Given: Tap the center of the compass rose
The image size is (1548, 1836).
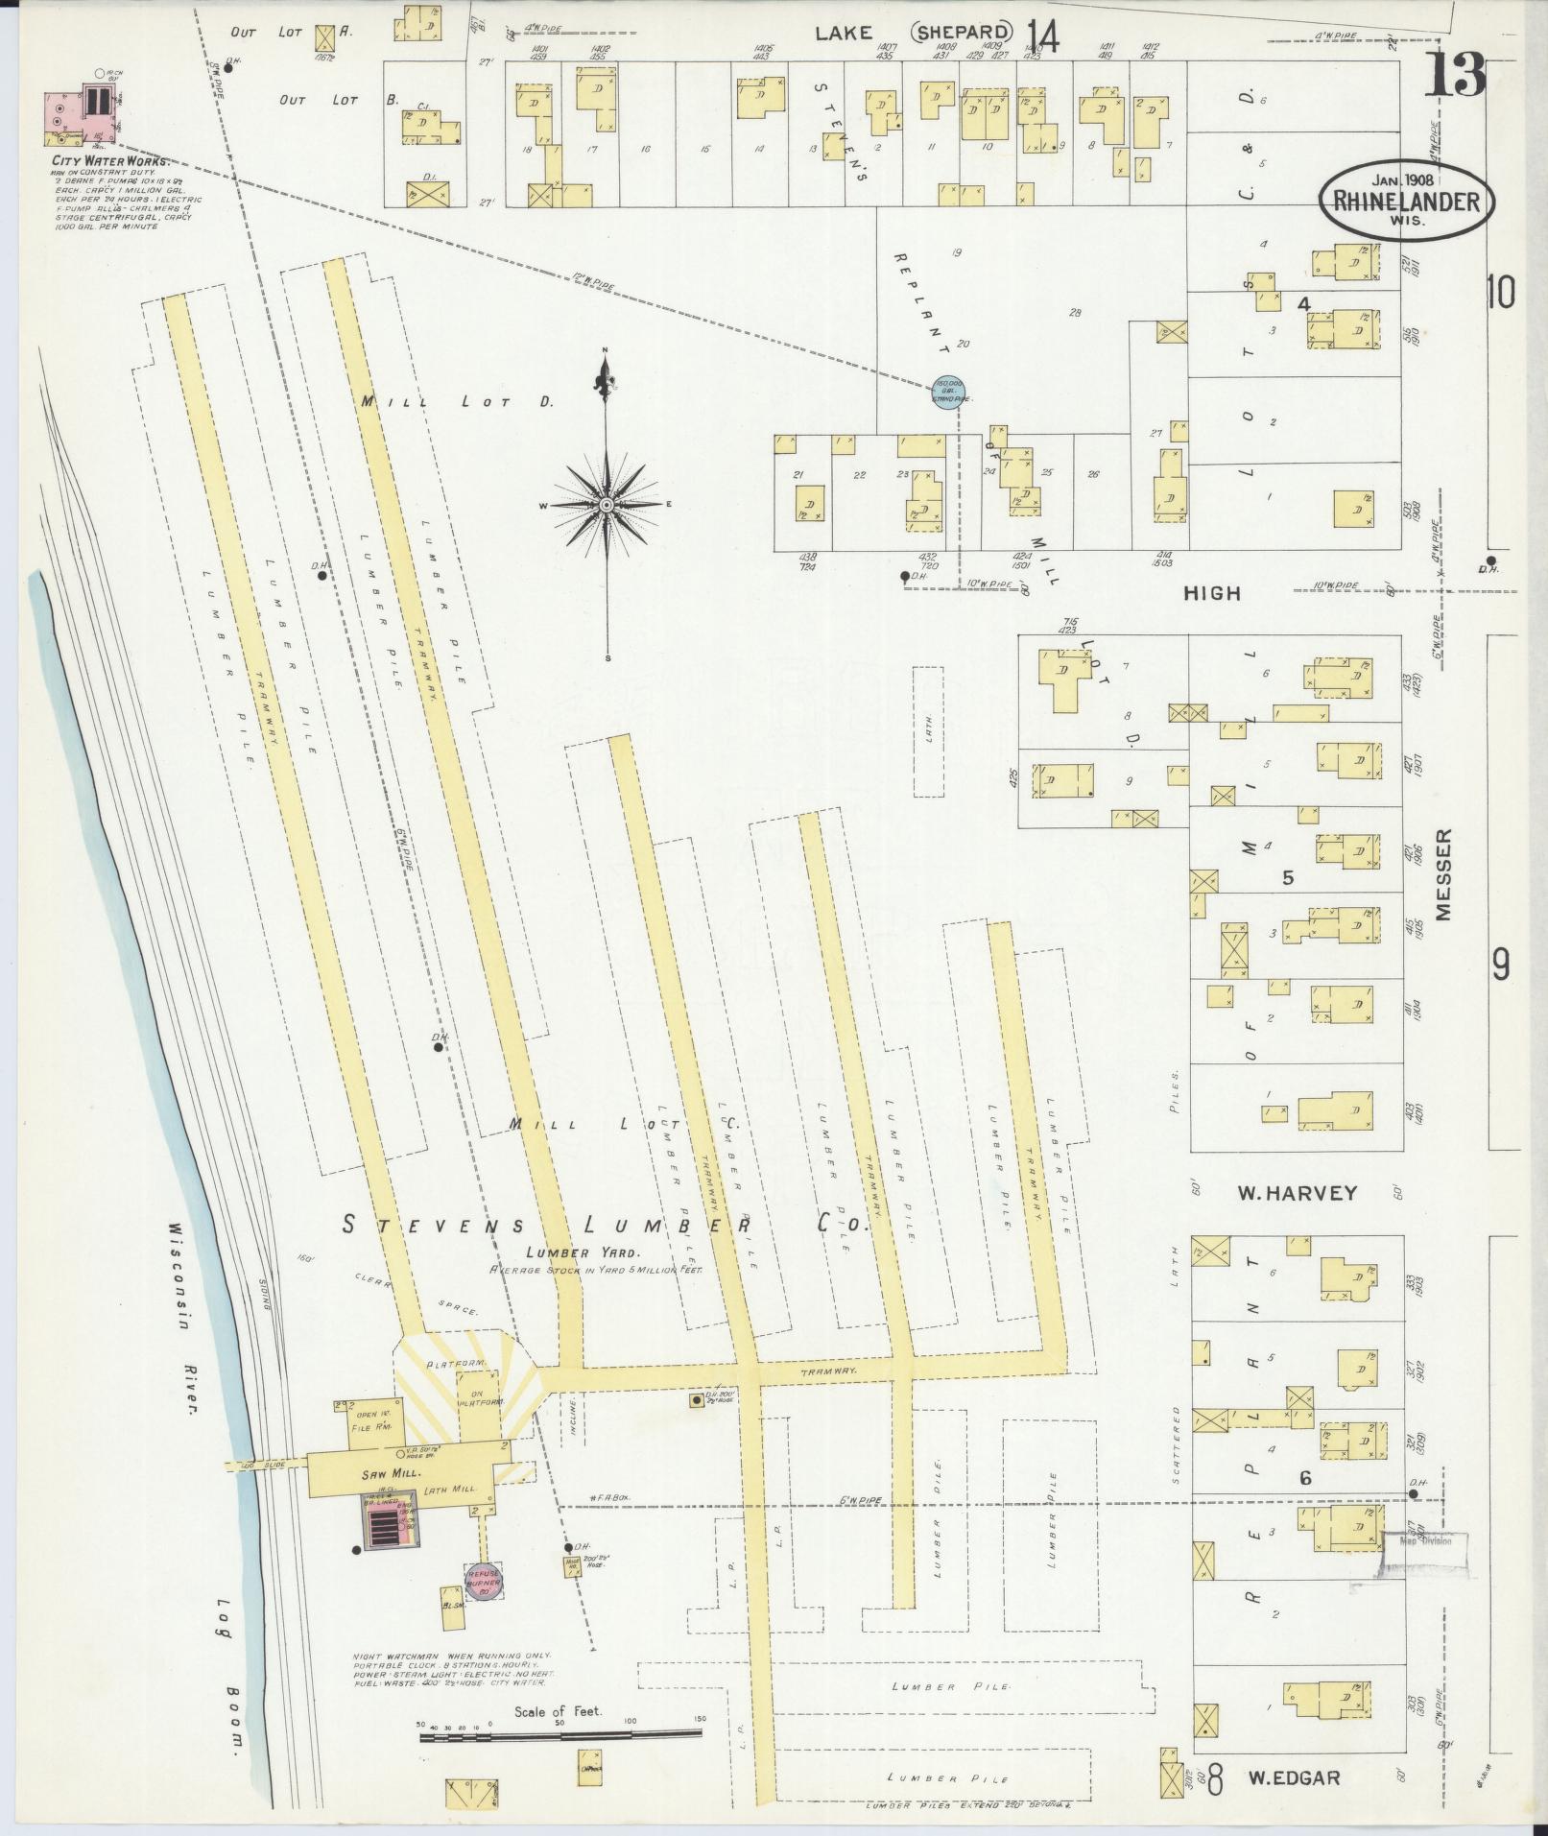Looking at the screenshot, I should tap(606, 504).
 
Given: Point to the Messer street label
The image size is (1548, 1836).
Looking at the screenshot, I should tap(1445, 875).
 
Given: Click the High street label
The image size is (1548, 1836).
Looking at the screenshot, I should tap(1211, 594).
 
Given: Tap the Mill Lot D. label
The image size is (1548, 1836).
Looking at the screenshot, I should tap(457, 401).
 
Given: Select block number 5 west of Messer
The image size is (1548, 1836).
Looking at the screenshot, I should tap(1289, 877).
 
